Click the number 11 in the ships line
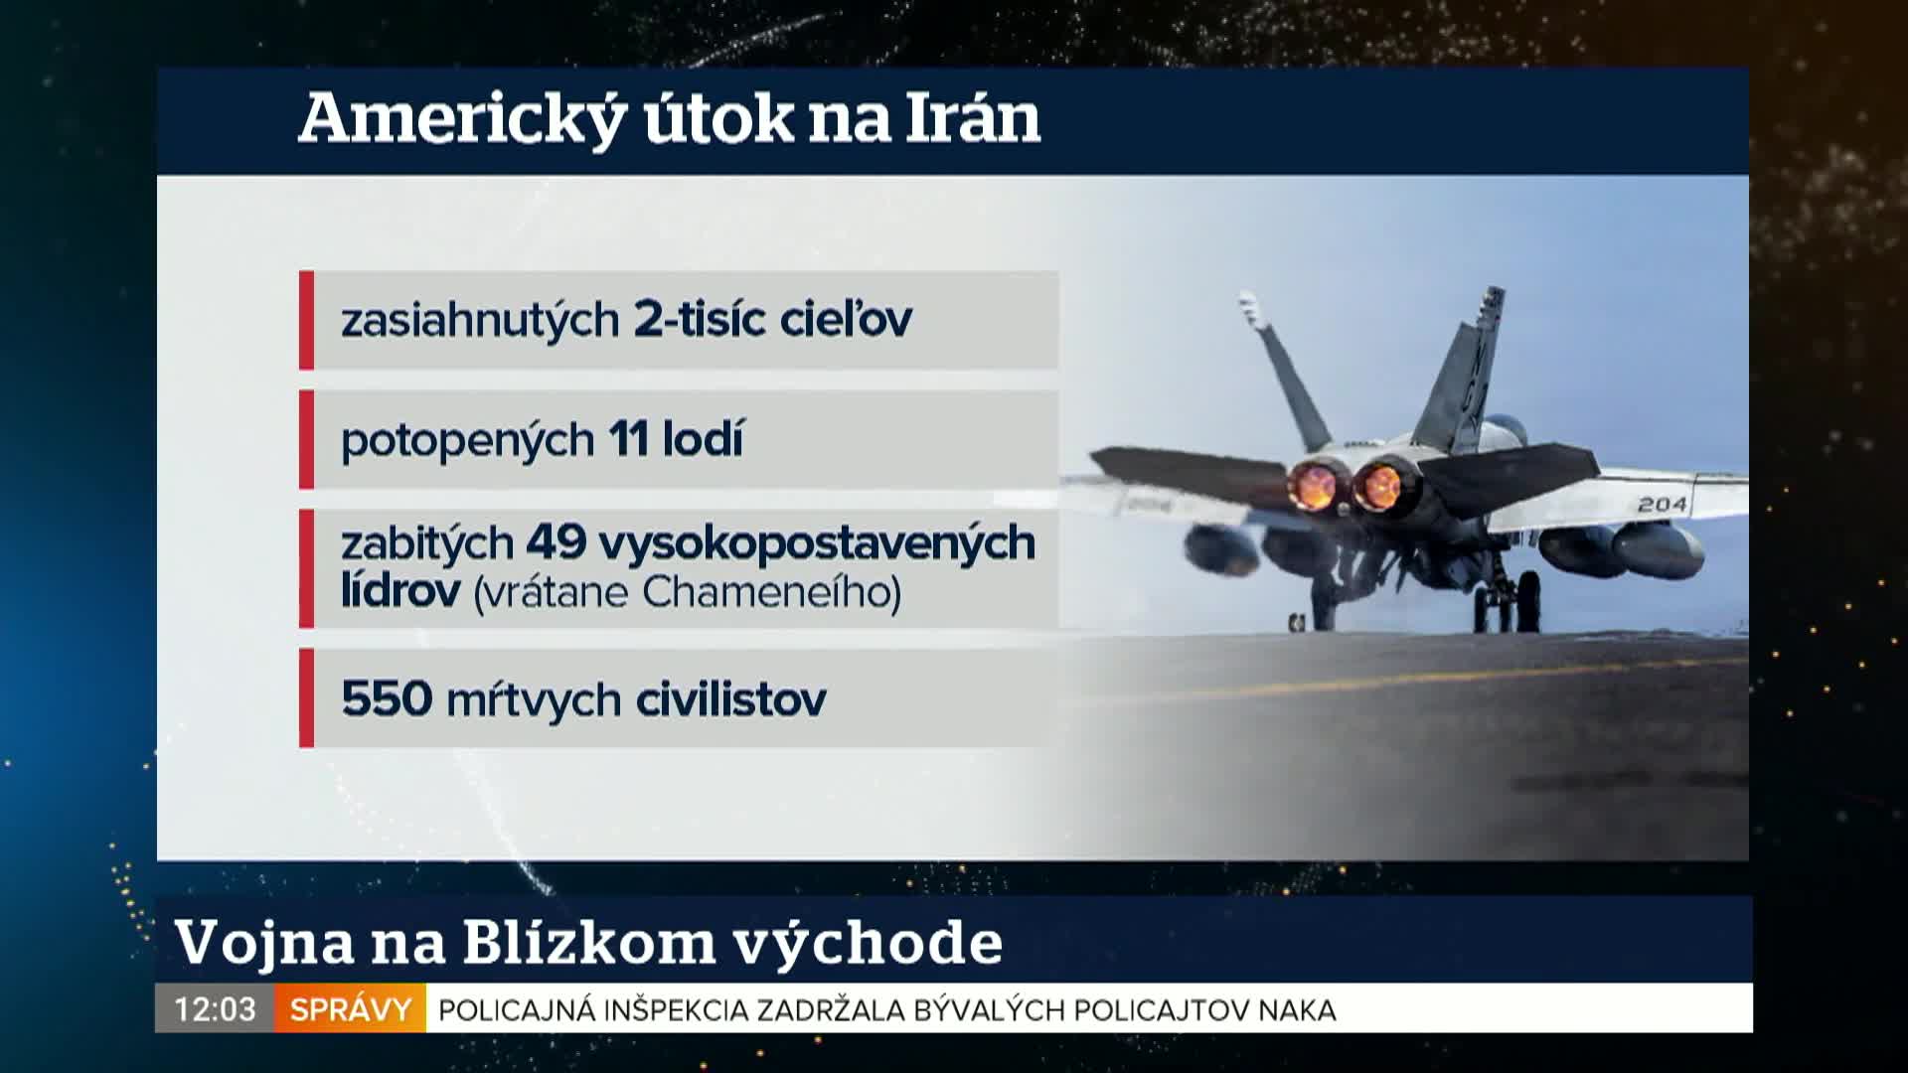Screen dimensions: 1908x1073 (628, 438)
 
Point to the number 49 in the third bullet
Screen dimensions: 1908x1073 (556, 541)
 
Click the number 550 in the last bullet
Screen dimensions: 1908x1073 (387, 698)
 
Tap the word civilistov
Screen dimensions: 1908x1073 (731, 698)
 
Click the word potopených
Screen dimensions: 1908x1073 (468, 441)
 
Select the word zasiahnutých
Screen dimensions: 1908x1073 (481, 321)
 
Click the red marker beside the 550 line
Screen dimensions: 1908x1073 (306, 697)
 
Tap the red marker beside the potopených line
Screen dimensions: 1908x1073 (306, 439)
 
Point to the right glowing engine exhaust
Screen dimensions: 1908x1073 (1379, 486)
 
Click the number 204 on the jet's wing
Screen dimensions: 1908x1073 (1663, 505)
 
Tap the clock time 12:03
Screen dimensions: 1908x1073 (215, 1009)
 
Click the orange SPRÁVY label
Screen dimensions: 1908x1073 (350, 1009)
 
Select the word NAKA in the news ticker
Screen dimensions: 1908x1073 (1297, 1010)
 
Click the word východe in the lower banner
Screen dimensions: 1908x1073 (869, 942)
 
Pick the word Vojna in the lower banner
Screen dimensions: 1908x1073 (264, 942)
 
